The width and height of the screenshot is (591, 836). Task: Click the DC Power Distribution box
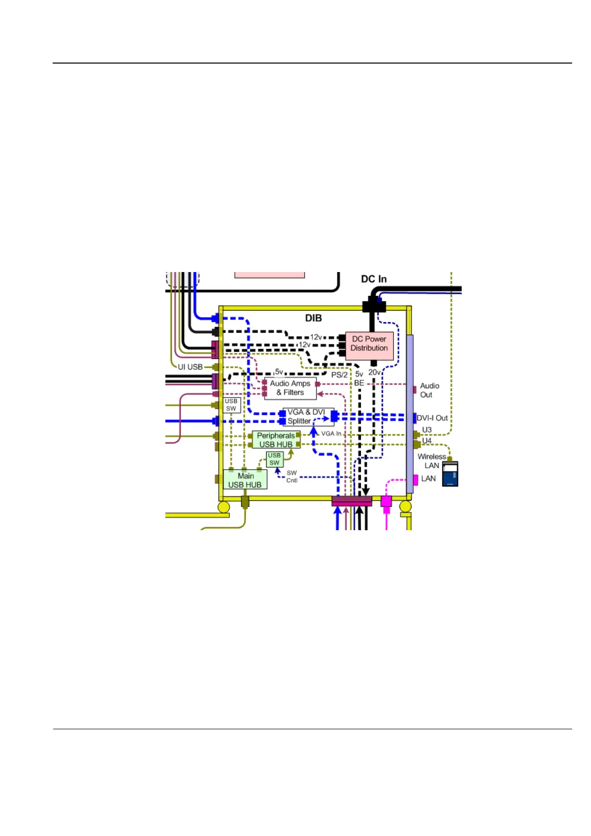pyautogui.click(x=369, y=345)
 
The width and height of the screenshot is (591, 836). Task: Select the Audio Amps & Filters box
pyautogui.click(x=290, y=388)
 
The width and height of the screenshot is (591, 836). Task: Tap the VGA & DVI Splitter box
pyautogui.click(x=307, y=417)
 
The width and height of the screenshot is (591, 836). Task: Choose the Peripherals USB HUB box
pyautogui.click(x=276, y=440)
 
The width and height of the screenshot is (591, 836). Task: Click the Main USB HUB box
pyautogui.click(x=245, y=480)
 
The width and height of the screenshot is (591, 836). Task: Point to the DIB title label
pyautogui.click(x=313, y=318)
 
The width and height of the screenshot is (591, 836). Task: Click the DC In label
pyautogui.click(x=373, y=279)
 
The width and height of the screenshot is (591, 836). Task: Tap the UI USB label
pyautogui.click(x=190, y=367)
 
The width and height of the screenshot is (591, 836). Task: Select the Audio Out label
pyautogui.click(x=429, y=390)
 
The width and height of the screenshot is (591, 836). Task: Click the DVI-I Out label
pyautogui.click(x=432, y=418)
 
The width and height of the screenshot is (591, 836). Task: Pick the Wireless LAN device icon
pyautogui.click(x=450, y=474)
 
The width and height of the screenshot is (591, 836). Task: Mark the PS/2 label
pyautogui.click(x=339, y=375)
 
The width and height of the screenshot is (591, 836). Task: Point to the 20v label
pyautogui.click(x=374, y=372)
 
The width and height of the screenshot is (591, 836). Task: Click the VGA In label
pyautogui.click(x=331, y=433)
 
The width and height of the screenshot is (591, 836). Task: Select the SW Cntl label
pyautogui.click(x=292, y=477)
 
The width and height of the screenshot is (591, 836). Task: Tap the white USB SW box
pyautogui.click(x=231, y=405)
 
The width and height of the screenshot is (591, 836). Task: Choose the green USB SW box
pyautogui.click(x=275, y=459)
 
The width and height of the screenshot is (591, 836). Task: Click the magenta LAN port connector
pyautogui.click(x=416, y=480)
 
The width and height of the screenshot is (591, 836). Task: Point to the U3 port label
pyautogui.click(x=427, y=430)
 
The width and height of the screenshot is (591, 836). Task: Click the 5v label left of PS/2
pyautogui.click(x=279, y=371)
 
